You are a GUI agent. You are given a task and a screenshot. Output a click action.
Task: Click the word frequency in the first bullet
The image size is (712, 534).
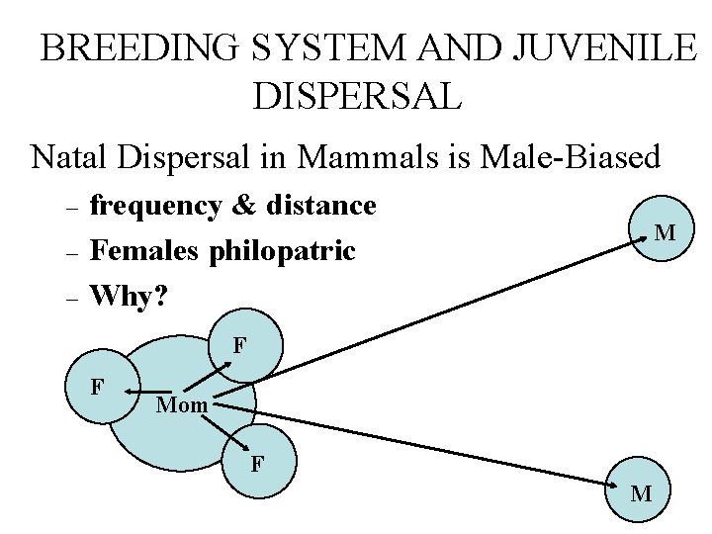155,206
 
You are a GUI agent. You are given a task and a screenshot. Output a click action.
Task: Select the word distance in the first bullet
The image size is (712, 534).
317,206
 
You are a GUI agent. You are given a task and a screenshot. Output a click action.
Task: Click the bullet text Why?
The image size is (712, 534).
126,295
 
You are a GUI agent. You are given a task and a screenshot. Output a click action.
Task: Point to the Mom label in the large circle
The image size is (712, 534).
182,404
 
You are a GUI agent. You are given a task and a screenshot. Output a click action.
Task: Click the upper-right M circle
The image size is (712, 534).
665,234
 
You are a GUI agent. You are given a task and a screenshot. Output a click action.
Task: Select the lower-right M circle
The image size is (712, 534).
641,492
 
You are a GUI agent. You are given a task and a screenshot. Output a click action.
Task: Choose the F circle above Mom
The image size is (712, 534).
242,348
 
